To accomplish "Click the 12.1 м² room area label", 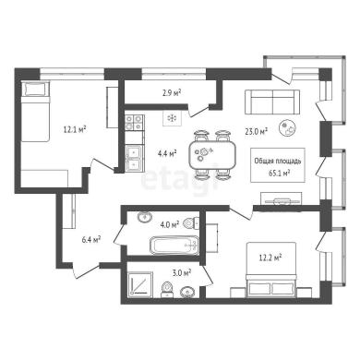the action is click(x=75, y=129).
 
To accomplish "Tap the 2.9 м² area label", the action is click(x=171, y=92).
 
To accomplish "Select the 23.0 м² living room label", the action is click(x=256, y=132).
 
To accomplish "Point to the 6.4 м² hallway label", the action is click(x=91, y=239).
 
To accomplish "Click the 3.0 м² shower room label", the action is click(x=182, y=272).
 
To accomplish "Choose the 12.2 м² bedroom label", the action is click(x=270, y=258).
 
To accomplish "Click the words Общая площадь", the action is click(x=278, y=161).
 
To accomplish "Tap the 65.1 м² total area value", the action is click(x=280, y=174).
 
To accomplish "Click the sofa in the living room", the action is click(x=272, y=102).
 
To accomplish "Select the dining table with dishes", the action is click(x=212, y=155).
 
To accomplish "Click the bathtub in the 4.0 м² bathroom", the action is click(x=174, y=246).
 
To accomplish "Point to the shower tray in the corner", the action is click(x=140, y=284).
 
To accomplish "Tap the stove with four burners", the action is click(x=135, y=123).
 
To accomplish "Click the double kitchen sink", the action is click(x=135, y=158).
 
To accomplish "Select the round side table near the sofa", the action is click(x=288, y=127).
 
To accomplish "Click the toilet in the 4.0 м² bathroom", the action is click(x=191, y=222).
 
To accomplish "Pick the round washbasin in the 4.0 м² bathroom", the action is click(x=144, y=217).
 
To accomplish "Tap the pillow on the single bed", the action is click(x=36, y=89).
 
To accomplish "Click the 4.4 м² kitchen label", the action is click(x=167, y=153).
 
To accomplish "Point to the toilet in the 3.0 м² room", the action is click(x=167, y=290).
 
